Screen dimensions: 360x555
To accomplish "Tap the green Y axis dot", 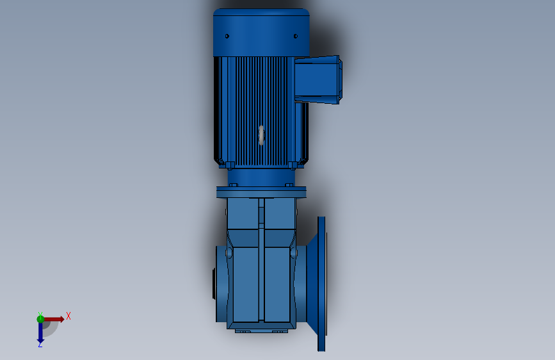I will click(40, 318).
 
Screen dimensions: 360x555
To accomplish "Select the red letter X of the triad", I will click(68, 316).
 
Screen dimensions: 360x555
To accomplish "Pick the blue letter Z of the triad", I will click(40, 345).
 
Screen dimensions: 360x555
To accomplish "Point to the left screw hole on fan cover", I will click(227, 37).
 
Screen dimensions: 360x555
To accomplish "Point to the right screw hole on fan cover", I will click(295, 37).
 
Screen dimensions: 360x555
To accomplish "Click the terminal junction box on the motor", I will click(318, 79).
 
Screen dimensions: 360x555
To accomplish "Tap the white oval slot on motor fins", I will click(261, 135).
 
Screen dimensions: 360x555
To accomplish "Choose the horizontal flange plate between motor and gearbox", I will click(261, 192).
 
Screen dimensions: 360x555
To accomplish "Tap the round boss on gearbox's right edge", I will click(294, 254).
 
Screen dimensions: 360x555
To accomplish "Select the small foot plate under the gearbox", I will click(261, 331).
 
